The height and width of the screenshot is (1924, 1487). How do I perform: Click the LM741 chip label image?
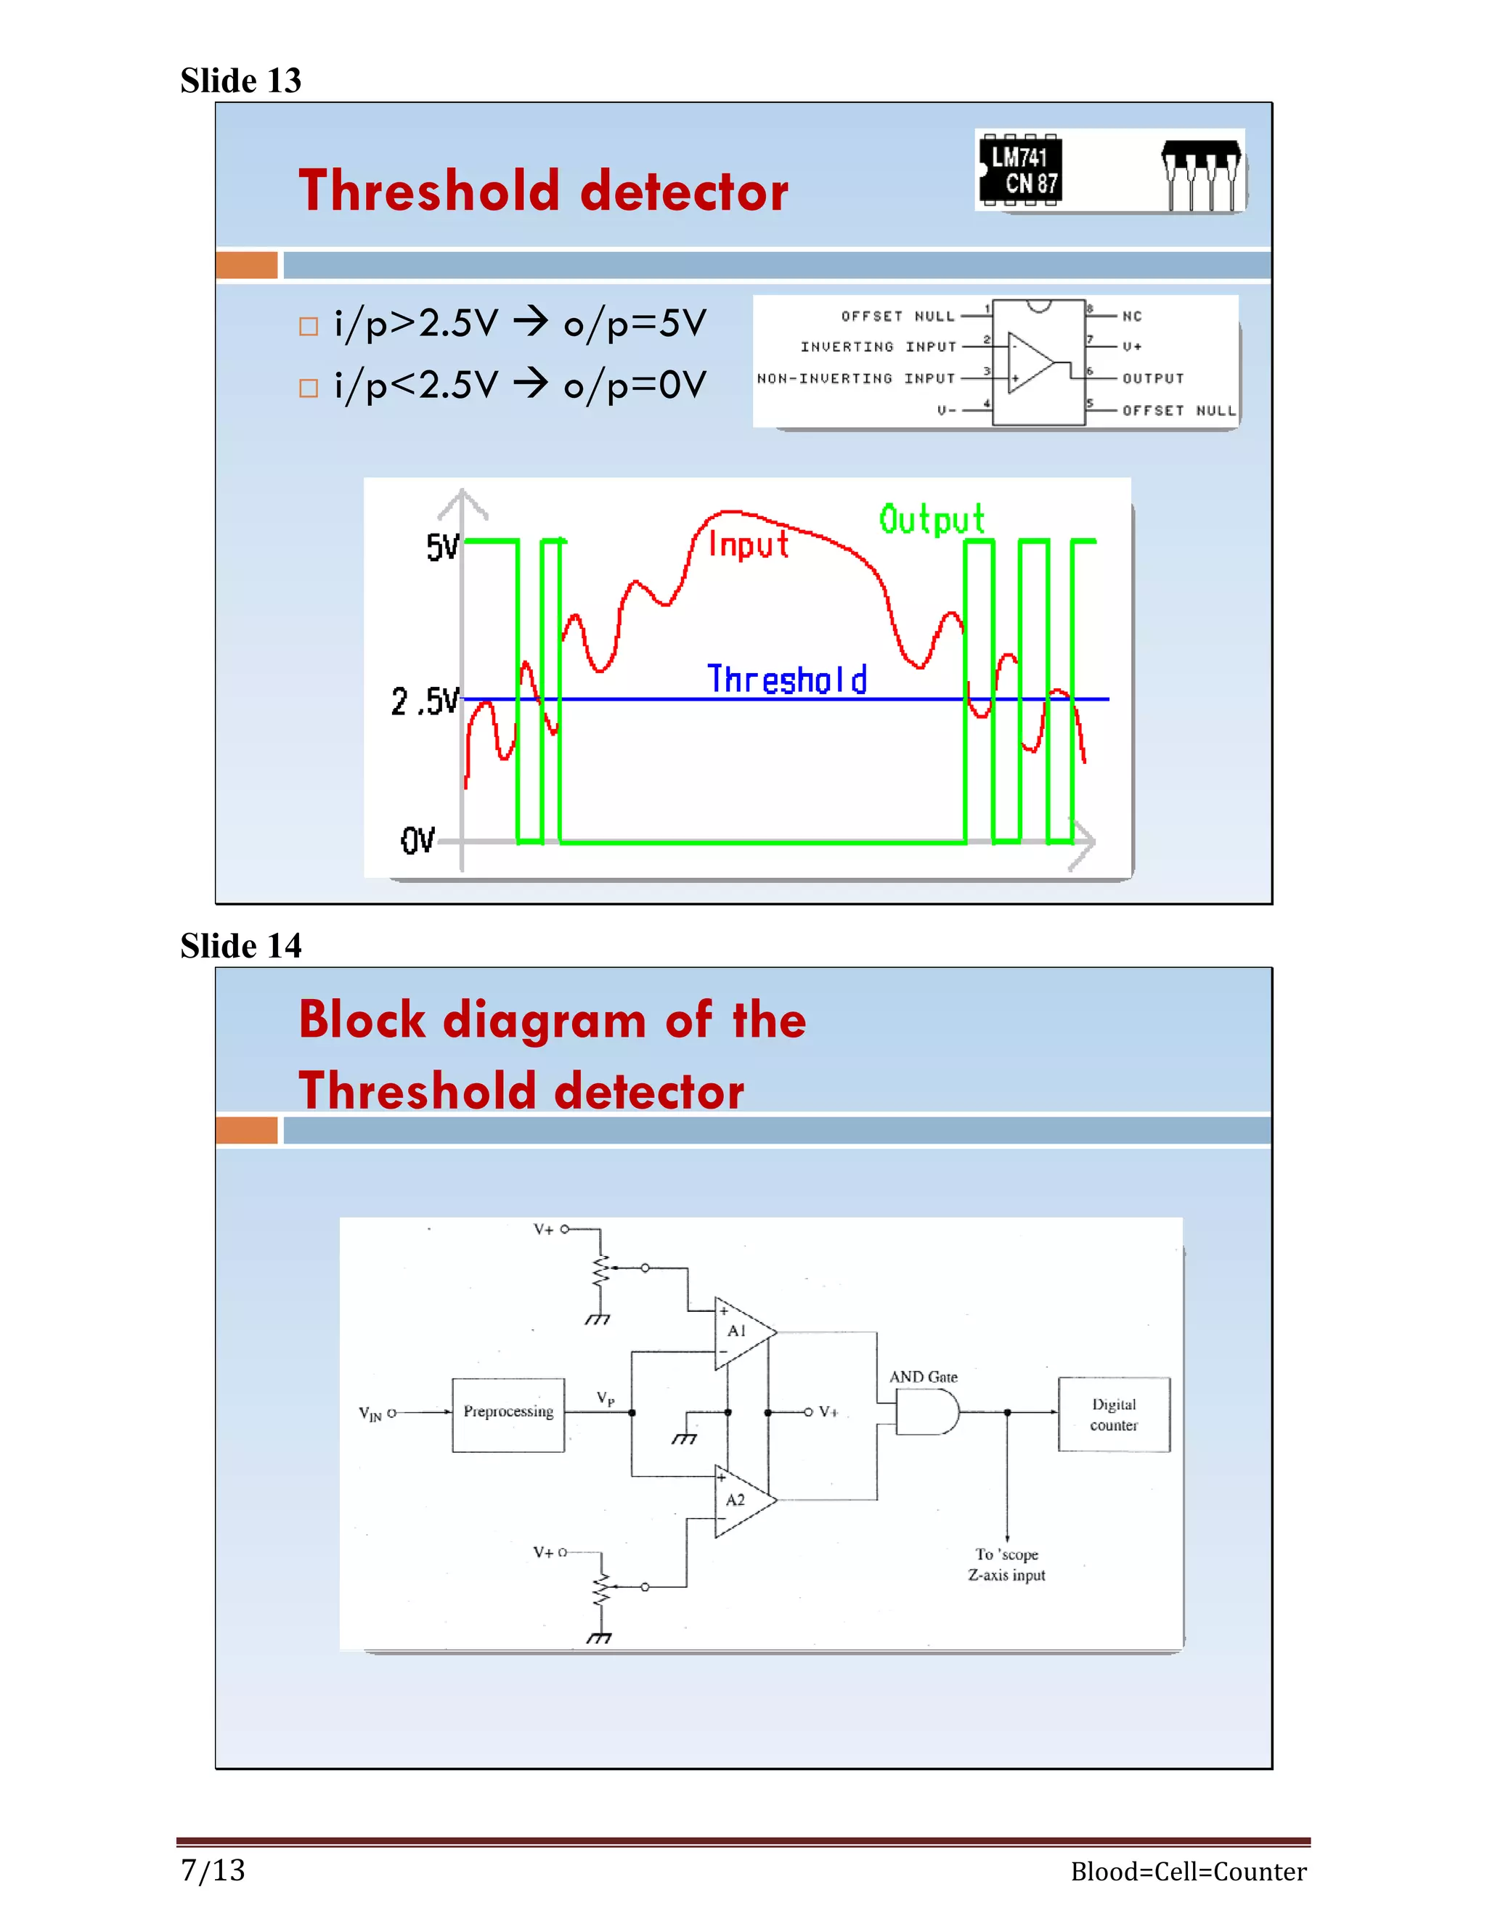(x=1020, y=171)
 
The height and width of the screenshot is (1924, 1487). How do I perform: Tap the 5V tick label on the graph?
(x=442, y=547)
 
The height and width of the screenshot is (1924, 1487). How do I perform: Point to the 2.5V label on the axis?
(x=425, y=701)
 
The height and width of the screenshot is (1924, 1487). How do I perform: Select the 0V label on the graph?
(x=417, y=839)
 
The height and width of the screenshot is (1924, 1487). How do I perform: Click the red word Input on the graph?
(x=748, y=545)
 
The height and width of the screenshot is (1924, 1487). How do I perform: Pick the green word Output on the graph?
(x=931, y=519)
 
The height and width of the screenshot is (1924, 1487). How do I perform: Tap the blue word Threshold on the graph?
(x=786, y=680)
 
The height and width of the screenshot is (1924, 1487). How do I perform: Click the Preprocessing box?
(x=508, y=1414)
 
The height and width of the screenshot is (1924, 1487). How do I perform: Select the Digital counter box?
(x=1114, y=1414)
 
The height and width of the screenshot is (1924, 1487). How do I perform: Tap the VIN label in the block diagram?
(x=371, y=1414)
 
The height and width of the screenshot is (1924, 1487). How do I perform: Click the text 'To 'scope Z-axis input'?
(x=1006, y=1565)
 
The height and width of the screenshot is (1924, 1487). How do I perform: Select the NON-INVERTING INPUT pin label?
(x=855, y=379)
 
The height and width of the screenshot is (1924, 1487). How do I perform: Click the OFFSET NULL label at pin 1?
(x=897, y=317)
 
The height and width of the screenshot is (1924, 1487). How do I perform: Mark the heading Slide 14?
(x=240, y=945)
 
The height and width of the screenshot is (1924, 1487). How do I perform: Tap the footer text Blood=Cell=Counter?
(x=1187, y=1871)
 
